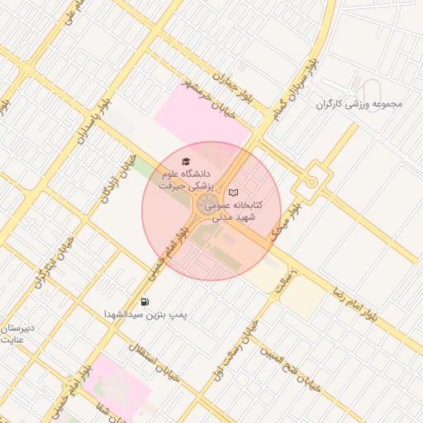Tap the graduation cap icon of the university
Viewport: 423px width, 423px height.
tap(185, 161)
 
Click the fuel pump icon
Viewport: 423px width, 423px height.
tap(145, 302)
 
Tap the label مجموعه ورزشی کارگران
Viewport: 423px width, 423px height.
tap(359, 104)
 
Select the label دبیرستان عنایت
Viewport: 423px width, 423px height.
tap(17, 333)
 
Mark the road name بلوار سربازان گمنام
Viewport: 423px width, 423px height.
tap(293, 87)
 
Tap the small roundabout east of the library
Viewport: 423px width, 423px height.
tap(311, 180)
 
